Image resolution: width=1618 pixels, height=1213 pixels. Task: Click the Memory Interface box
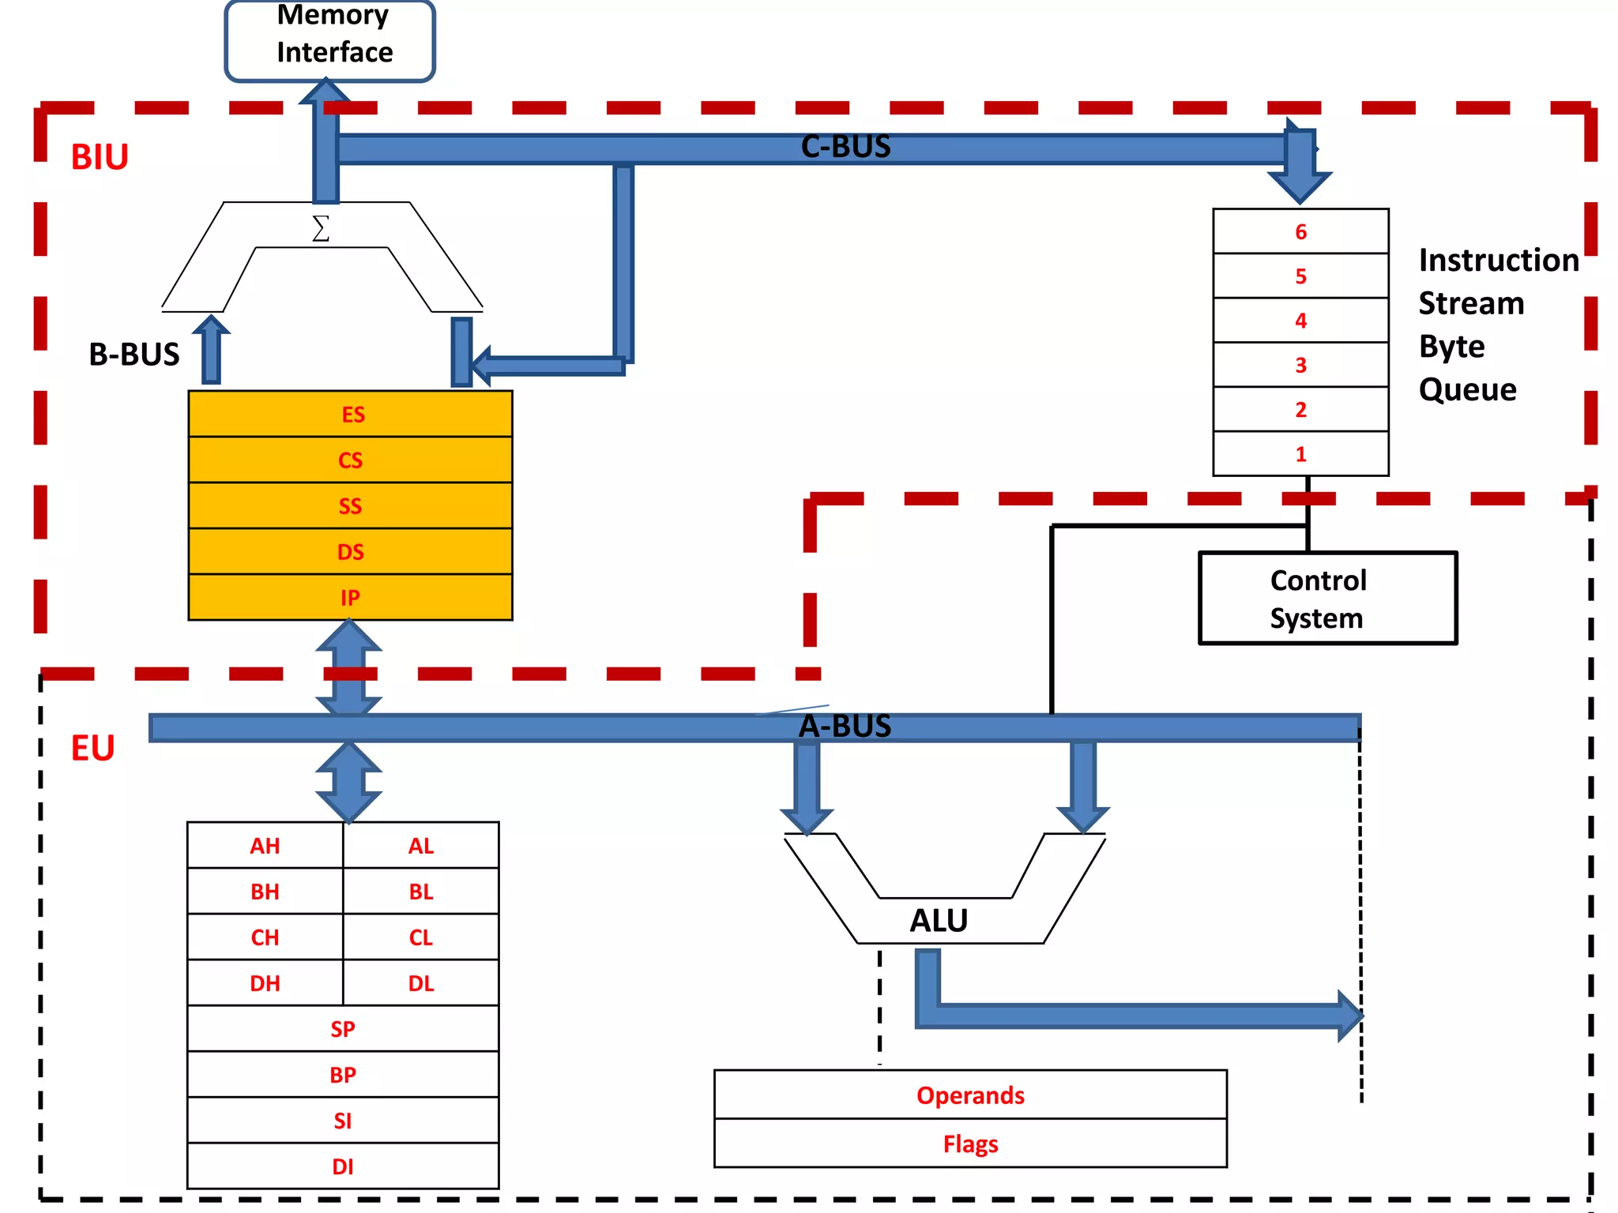330,39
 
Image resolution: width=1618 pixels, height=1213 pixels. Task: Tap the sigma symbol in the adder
321,229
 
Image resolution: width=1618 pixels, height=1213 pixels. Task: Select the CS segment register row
350,460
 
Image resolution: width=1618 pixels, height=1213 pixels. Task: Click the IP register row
350,598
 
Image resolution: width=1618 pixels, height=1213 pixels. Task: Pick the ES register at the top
350,414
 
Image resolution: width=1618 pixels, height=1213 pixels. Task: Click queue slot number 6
1300,231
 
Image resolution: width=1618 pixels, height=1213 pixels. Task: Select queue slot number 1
1300,454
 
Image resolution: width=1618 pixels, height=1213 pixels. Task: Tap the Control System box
1327,599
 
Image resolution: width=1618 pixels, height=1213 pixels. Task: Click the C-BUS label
845,147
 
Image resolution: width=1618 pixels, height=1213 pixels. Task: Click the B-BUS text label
134,355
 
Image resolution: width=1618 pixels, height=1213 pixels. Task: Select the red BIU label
100,157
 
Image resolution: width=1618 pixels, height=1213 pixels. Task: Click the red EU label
92,748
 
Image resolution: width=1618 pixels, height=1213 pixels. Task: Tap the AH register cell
265,846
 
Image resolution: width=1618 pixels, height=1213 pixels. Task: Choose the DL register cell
420,983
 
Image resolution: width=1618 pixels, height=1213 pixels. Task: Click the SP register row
342,1029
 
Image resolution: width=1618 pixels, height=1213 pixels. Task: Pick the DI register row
342,1166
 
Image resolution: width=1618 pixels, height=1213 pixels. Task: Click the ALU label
939,921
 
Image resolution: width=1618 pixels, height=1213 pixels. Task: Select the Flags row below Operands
970,1144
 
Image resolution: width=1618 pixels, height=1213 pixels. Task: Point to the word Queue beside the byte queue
1467,390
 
